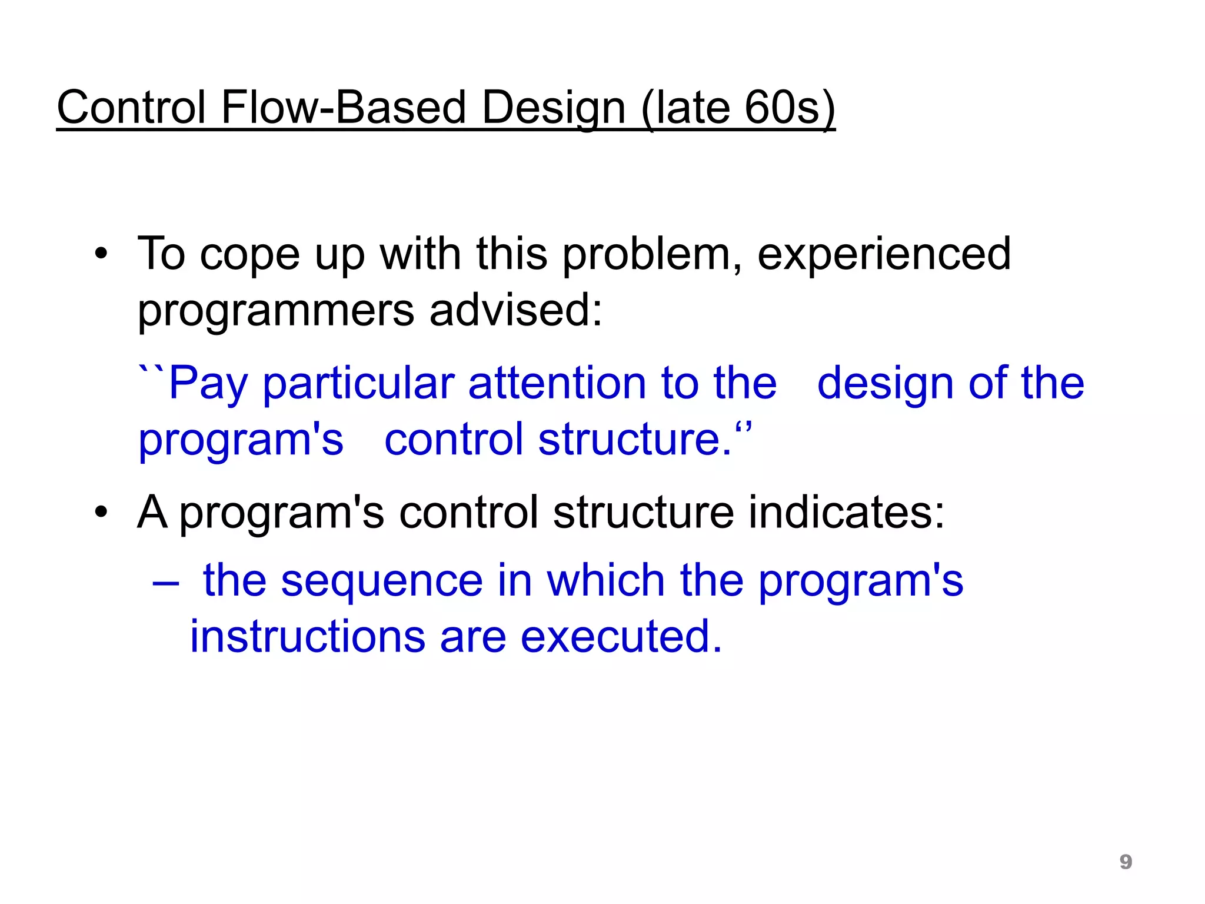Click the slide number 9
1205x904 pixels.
[x=1125, y=862]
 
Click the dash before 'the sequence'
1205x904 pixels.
[x=165, y=582]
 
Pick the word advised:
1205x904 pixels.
[x=516, y=310]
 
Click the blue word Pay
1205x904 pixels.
[x=208, y=384]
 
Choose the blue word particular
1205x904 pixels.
[x=358, y=384]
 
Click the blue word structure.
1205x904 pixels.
[x=635, y=440]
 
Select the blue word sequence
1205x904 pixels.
[x=381, y=582]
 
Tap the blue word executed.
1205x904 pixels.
[x=621, y=637]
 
